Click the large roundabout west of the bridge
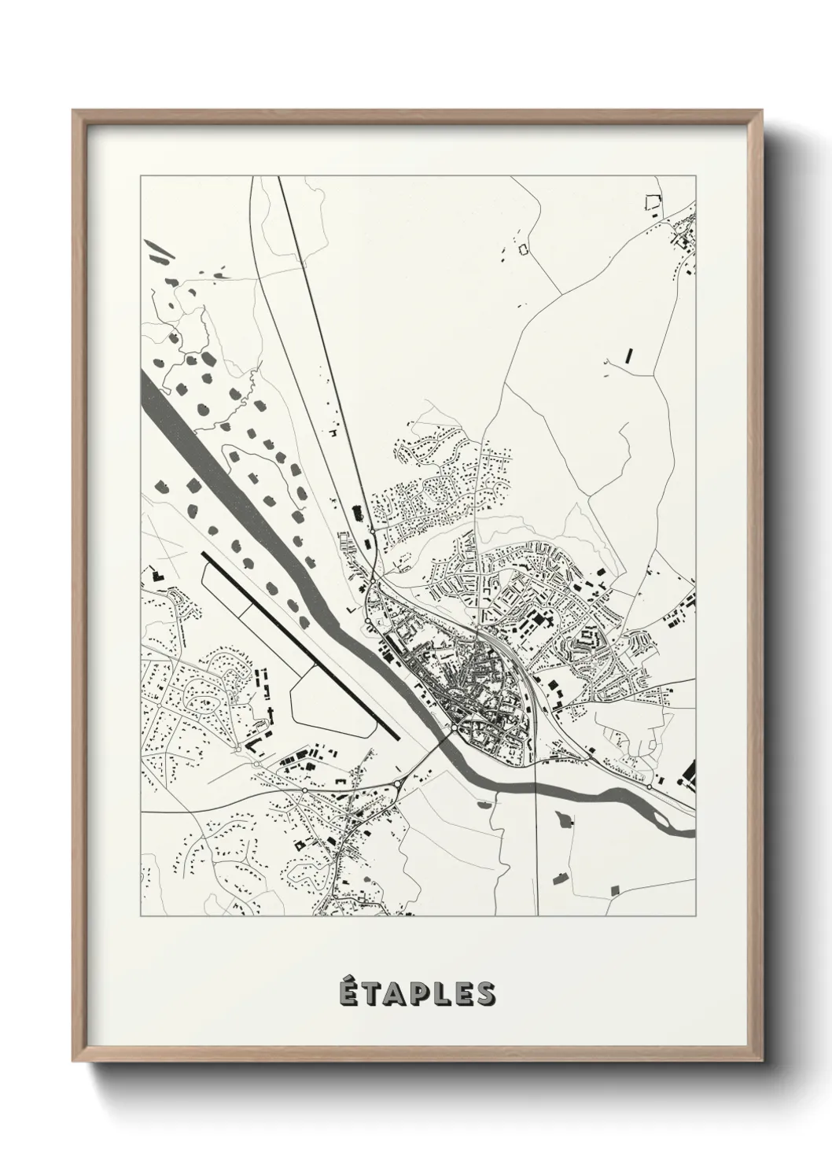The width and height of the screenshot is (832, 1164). click(x=400, y=783)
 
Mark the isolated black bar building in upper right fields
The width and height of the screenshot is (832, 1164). click(x=628, y=353)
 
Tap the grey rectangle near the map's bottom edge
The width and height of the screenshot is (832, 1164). click(x=615, y=890)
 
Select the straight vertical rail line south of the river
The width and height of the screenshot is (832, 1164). click(x=536, y=849)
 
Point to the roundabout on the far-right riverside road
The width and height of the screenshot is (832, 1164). click(x=649, y=786)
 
